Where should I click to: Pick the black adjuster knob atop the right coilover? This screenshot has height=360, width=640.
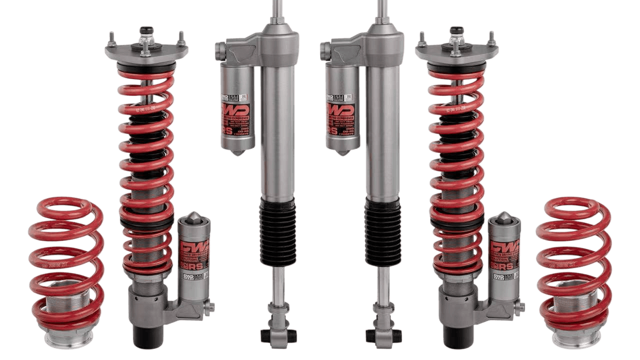[x=456, y=30]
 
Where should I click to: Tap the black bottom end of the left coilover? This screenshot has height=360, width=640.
[x=146, y=336]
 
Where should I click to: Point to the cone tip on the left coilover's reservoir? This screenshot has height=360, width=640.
[x=194, y=218]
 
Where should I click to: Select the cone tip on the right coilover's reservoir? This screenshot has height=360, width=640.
[x=504, y=218]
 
